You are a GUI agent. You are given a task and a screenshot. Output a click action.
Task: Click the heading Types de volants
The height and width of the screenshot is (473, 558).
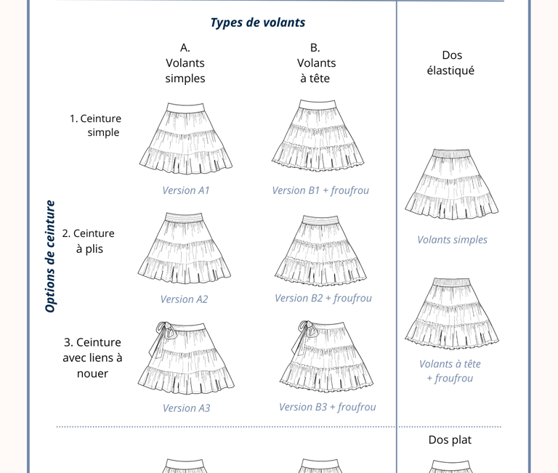point(258,23)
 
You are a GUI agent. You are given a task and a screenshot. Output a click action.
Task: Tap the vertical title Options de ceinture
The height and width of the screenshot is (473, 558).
point(50,256)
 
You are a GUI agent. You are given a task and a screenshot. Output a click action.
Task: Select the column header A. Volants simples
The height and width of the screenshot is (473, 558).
point(185,62)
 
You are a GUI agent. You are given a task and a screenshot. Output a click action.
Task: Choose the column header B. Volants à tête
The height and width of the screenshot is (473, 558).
point(316,62)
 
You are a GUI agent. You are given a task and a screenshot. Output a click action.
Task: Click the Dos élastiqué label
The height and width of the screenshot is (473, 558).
point(451,62)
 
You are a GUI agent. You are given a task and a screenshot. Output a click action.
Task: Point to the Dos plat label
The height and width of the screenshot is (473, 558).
point(450,440)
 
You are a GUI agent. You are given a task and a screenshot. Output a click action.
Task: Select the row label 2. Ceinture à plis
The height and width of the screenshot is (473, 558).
point(89,241)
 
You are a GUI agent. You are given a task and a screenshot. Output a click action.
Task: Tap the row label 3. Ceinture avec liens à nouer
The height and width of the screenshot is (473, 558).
point(92,357)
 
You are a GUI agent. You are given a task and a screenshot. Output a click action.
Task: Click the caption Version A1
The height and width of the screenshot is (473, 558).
point(186,190)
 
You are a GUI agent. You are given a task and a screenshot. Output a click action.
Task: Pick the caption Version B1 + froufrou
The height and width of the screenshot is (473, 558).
point(320,190)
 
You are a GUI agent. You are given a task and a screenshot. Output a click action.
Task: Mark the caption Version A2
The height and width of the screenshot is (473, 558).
point(184,299)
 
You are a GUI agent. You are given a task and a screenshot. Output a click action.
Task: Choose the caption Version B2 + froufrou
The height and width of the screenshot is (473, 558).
point(323,298)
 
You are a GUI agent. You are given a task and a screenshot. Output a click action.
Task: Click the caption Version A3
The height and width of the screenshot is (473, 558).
point(186,408)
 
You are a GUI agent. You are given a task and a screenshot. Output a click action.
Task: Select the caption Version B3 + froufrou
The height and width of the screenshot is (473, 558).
point(327,407)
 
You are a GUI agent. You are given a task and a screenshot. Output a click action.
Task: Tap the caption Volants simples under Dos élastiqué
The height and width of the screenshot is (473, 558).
point(452,240)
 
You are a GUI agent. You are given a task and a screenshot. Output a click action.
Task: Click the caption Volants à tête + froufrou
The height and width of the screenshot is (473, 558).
point(450,371)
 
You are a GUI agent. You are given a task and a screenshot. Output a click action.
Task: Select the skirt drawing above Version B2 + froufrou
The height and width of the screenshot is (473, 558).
point(320,248)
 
